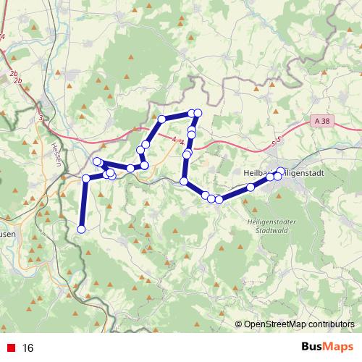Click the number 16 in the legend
click(x=28, y=348)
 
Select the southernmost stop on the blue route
click(x=81, y=230)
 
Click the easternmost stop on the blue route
click(x=281, y=172)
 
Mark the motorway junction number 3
click(x=41, y=117)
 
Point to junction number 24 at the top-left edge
click(x=2, y=35)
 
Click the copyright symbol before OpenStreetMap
click(x=239, y=324)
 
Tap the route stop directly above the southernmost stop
click(x=86, y=178)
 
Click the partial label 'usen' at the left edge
click(x=6, y=234)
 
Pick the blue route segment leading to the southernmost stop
click(x=83, y=204)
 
